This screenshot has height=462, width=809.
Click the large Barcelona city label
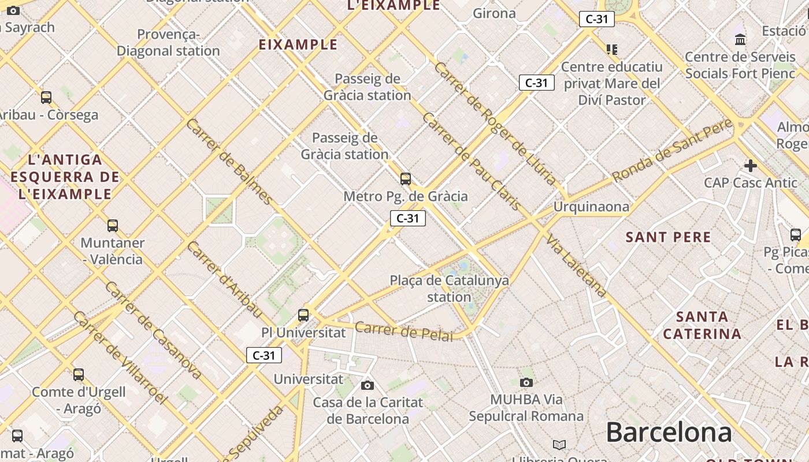pos(669,432)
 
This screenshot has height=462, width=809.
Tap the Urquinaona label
pos(591,206)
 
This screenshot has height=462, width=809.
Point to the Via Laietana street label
pos(576,266)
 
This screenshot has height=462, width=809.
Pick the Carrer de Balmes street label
pos(229,161)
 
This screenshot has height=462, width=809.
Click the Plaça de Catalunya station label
pos(449,289)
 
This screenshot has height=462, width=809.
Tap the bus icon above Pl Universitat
pos(303,315)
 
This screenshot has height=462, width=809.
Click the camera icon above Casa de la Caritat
pos(367,385)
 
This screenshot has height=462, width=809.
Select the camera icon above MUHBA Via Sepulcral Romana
pos(526,382)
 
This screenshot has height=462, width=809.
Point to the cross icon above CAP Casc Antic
pos(750,166)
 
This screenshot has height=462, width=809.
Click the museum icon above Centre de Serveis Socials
pos(740,39)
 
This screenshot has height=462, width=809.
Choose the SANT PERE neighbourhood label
pos(668,237)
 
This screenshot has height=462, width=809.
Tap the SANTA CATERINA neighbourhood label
pos(702,325)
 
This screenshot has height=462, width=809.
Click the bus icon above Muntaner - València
pos(113,226)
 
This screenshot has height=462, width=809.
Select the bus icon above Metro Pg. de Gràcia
pos(406,179)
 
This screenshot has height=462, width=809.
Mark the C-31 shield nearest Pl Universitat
pos(264,355)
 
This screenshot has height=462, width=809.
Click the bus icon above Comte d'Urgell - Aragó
pos(79,375)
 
